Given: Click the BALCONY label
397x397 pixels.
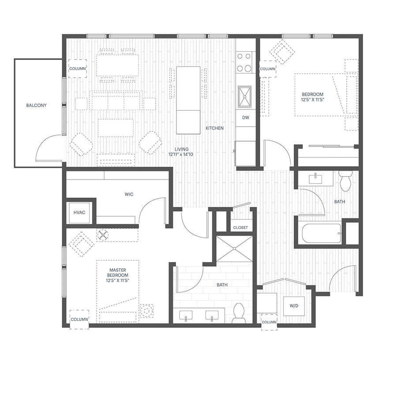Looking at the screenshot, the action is click(37, 105).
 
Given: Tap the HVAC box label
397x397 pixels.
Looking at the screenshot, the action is click(79, 213).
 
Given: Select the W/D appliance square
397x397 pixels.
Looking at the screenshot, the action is click(294, 306).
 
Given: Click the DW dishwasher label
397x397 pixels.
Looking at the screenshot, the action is click(246, 117).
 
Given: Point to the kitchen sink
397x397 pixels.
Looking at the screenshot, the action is click(244, 97).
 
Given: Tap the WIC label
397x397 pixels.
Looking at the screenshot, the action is click(129, 194).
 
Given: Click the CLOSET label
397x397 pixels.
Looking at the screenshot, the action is click(240, 228).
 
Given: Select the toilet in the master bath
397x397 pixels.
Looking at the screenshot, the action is click(239, 313).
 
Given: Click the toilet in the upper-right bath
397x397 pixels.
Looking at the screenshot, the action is click(345, 181).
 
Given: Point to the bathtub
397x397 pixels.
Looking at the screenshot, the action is click(321, 233).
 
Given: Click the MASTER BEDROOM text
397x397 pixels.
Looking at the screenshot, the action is click(118, 273).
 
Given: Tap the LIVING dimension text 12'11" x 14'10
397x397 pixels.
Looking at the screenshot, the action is click(181, 154).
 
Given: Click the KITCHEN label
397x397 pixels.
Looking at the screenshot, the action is click(214, 128).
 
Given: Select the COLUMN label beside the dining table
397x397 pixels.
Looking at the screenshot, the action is click(78, 69).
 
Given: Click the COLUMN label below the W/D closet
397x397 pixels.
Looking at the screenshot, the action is click(269, 322).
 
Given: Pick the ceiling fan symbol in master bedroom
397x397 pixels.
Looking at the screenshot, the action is click(103, 235).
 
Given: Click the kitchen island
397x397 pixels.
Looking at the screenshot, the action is click(188, 100).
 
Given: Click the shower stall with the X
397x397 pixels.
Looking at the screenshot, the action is click(235, 249).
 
